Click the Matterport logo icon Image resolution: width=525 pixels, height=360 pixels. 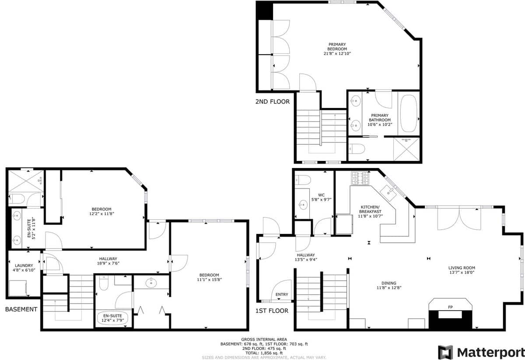coord(445,352)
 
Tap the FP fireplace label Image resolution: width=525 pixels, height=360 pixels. coord(450,307)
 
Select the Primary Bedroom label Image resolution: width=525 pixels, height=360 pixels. coord(337,47)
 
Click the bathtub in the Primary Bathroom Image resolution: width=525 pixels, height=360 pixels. coord(409,113)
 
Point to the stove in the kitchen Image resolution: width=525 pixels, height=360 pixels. coord(360,178)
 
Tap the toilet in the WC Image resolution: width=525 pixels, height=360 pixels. coord(303,180)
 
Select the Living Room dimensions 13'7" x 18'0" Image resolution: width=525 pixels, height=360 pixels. coord(462,273)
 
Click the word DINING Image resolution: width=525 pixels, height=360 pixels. coord(389,283)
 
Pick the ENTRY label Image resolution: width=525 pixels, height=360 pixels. coord(282,294)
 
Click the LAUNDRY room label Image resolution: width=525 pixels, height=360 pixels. coord(24,266)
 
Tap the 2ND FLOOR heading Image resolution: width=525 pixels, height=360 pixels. coord(273,101)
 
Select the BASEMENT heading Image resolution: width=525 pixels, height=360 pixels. coord(21,309)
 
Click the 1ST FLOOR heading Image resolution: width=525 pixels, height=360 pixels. coord(272,311)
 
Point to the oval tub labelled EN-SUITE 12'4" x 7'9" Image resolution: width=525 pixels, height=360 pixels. coord(112,318)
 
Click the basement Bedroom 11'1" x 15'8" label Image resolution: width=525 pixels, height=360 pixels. coord(209,277)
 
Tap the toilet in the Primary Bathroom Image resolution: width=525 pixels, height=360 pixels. coord(357,149)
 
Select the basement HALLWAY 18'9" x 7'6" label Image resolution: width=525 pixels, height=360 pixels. coord(108,261)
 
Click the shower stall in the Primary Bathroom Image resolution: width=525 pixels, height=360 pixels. coord(406,149)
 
